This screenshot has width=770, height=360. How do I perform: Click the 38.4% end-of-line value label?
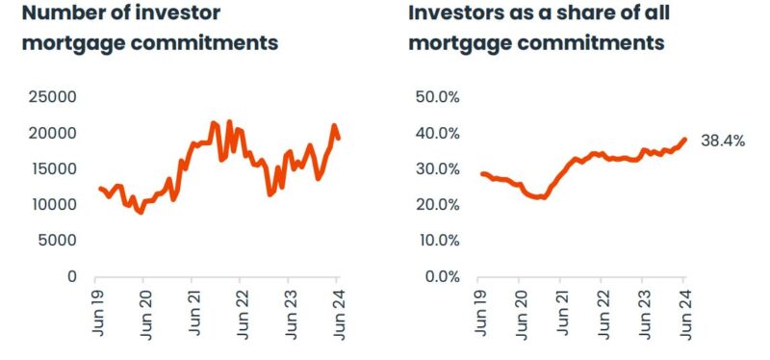[x=723, y=141]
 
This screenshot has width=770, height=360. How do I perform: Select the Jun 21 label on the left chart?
[x=192, y=308]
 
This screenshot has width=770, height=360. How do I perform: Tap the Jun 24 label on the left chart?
[x=338, y=308]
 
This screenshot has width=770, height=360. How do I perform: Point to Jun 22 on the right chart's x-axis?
[x=602, y=308]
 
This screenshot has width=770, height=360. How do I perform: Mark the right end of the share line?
[x=684, y=140]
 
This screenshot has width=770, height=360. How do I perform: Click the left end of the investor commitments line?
[x=99, y=188]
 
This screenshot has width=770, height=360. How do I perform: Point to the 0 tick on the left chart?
[x=71, y=276]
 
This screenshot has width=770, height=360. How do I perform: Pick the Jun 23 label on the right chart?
[x=642, y=308]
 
